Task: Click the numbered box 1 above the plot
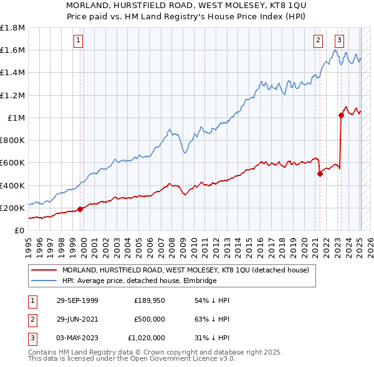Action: tap(79, 40)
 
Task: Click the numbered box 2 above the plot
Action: tap(318, 40)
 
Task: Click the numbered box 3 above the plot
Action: tap(339, 40)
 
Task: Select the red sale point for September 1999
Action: tap(80, 209)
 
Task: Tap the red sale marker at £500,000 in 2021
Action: tap(320, 174)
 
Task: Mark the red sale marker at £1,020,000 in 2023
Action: tap(341, 115)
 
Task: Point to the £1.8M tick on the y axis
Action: tap(12, 28)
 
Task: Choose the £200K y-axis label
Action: tap(12, 208)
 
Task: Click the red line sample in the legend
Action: tap(44, 270)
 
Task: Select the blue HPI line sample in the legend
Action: tap(44, 281)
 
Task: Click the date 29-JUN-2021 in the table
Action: tap(77, 319)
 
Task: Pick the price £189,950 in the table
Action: tap(149, 300)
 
